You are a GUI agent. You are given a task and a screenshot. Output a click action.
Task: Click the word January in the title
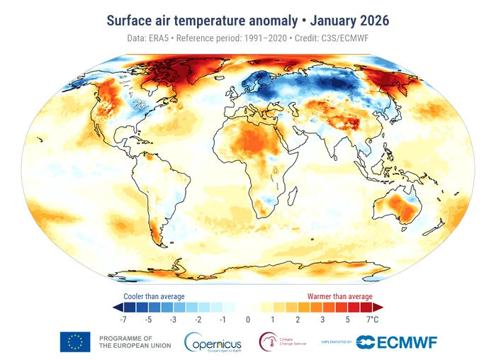point(335,20)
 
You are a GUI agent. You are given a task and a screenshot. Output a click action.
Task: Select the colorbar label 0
point(248,320)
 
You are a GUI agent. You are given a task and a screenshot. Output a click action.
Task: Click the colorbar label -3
point(172,320)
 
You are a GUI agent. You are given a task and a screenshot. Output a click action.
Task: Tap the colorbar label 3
point(322,320)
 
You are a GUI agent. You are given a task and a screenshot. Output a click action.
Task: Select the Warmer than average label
point(339,296)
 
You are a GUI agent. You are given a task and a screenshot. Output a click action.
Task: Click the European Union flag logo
point(75,342)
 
